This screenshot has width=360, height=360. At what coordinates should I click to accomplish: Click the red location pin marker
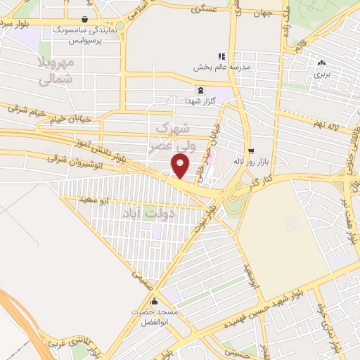pos(181,167)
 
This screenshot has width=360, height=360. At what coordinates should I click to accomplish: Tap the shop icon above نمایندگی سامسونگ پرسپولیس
pos(84,20)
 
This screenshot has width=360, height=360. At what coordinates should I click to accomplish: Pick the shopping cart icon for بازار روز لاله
pos(251,150)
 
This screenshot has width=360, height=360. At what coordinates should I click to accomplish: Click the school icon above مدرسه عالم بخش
pos(221,56)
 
